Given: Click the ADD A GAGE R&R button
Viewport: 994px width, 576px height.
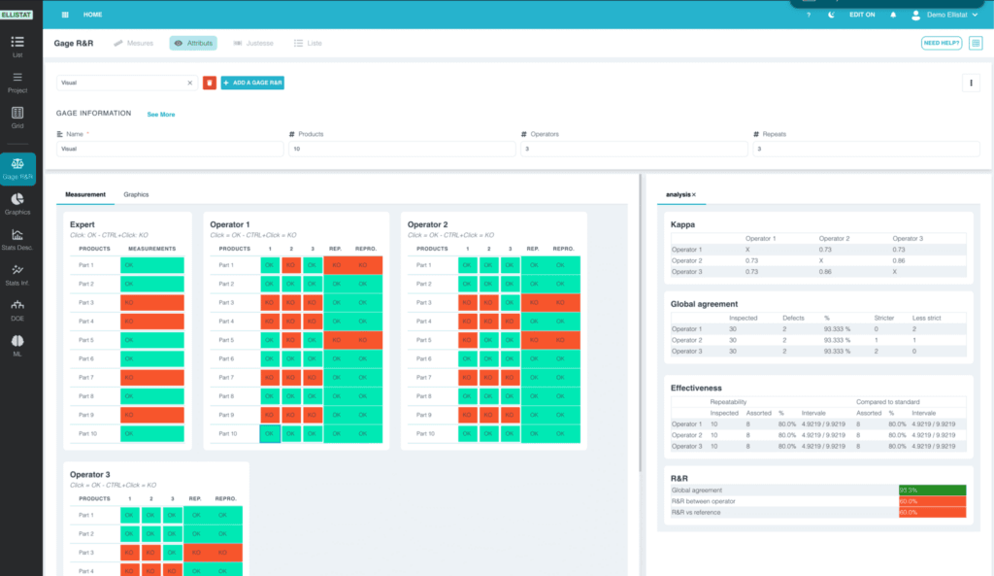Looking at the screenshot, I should click(x=252, y=84).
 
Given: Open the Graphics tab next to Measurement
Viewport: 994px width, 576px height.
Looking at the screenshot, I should click(x=136, y=194).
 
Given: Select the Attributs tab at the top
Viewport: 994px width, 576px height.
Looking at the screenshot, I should click(x=193, y=43).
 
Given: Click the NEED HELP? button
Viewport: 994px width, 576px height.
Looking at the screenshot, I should click(x=942, y=43).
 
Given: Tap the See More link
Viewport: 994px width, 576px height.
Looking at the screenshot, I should click(x=161, y=115).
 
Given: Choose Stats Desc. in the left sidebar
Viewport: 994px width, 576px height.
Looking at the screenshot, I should click(x=17, y=239).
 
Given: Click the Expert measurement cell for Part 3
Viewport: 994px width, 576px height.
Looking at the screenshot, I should click(x=151, y=303).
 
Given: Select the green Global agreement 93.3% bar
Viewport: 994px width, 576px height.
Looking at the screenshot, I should click(x=932, y=491).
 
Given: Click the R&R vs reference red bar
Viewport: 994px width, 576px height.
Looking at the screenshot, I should click(x=932, y=512).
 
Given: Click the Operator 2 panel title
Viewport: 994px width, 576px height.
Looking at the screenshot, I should click(x=427, y=224).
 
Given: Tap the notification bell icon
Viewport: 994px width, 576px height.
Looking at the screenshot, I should click(x=891, y=15).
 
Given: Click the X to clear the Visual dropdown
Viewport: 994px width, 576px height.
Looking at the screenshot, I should click(x=190, y=84).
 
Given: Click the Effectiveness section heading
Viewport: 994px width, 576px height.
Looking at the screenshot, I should click(x=696, y=387).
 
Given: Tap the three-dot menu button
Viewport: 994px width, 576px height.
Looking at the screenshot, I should click(x=971, y=84).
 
